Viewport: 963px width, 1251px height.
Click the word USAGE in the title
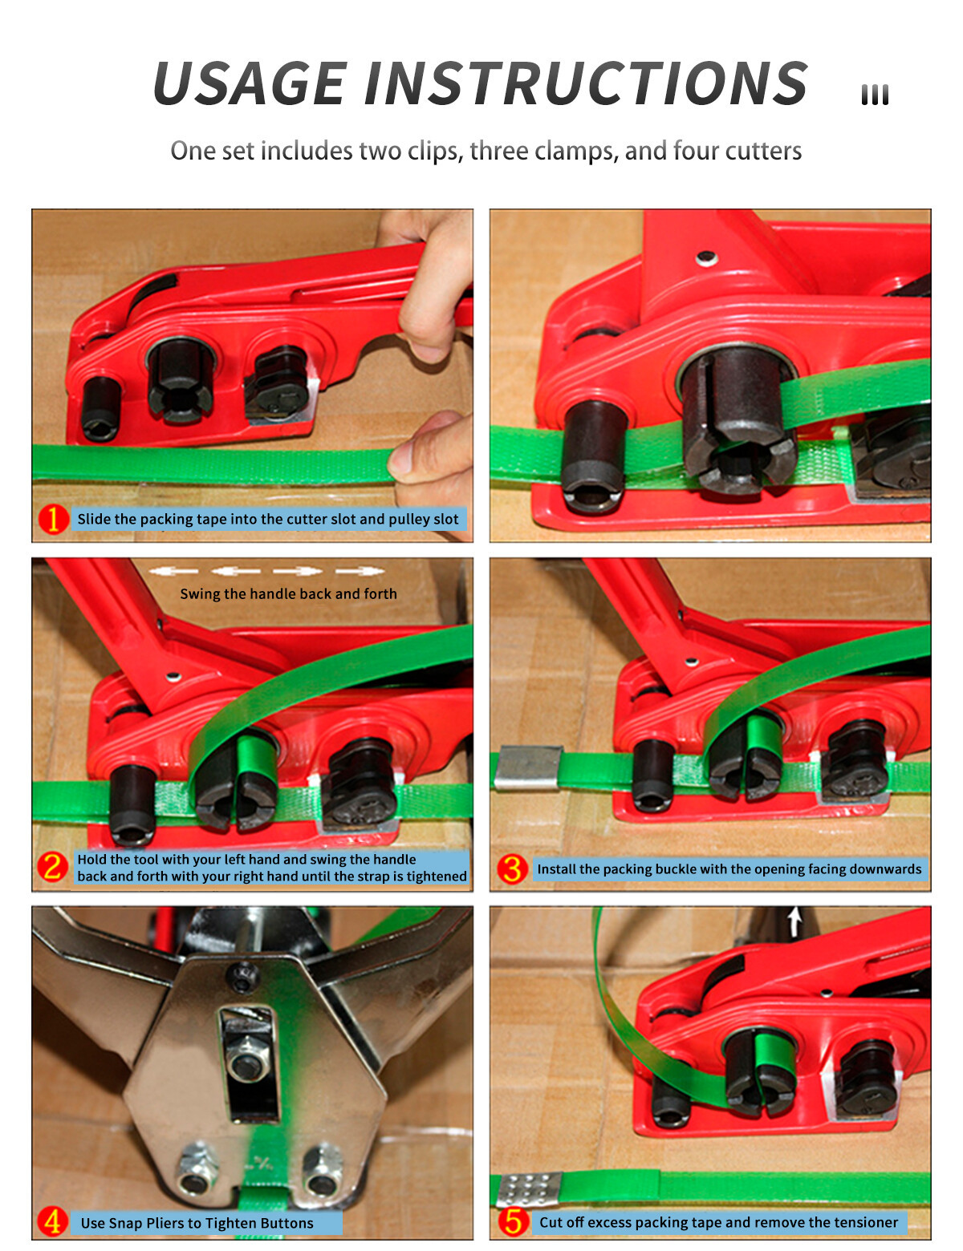point(250,83)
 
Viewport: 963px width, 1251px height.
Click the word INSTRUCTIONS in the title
point(586,83)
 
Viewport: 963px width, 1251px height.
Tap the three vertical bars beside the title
point(874,95)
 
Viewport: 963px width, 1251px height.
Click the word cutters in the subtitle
point(763,151)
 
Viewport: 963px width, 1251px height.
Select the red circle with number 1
point(53,519)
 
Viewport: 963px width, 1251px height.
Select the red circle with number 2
point(52,867)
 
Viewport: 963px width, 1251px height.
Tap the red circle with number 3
point(511,868)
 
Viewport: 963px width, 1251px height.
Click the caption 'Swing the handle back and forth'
point(288,593)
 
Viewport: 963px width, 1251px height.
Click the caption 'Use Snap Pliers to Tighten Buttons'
point(197,1223)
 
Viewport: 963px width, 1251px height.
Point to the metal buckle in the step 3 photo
point(529,767)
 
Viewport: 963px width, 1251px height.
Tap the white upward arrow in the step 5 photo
point(794,921)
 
